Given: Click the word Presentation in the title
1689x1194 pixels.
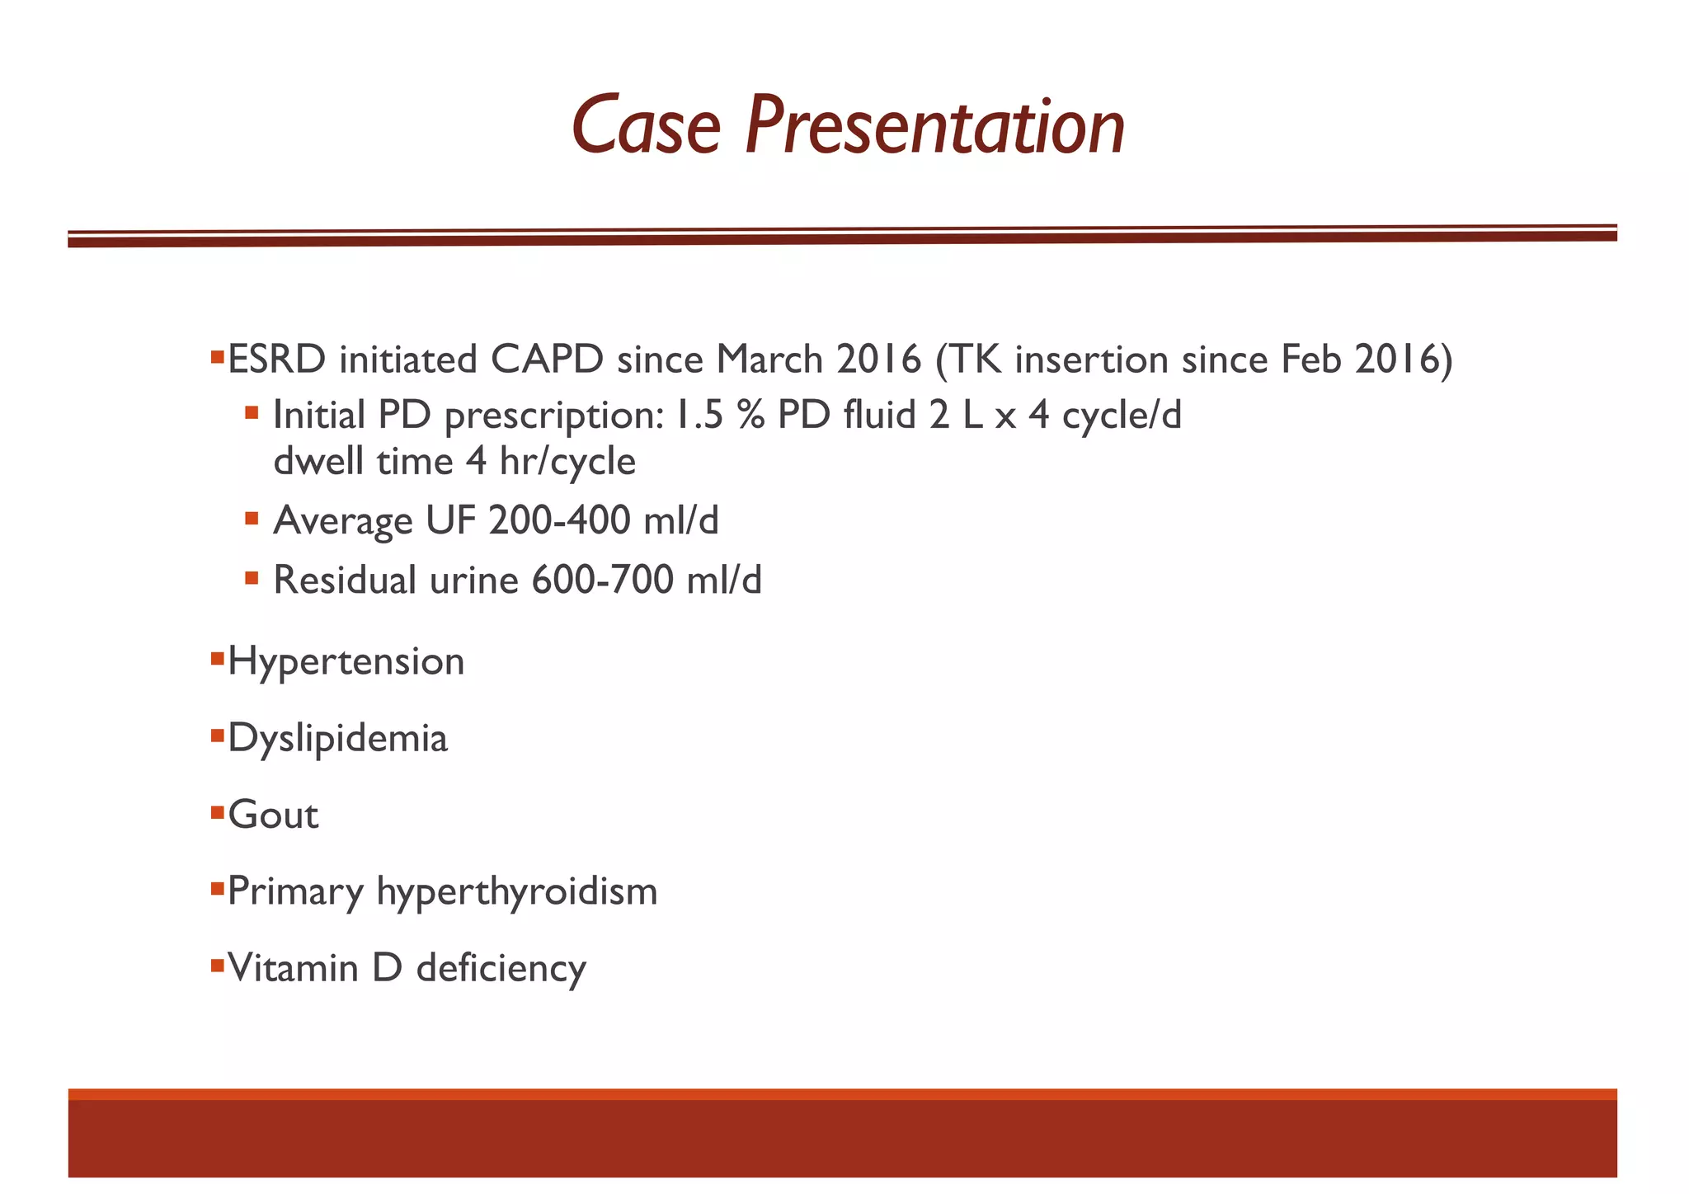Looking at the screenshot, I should click(934, 127).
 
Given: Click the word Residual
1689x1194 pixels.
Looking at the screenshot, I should click(344, 580).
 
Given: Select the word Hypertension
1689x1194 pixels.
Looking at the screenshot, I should click(346, 662).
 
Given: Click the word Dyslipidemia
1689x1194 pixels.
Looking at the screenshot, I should click(337, 738).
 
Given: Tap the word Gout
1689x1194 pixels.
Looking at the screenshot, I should click(273, 816).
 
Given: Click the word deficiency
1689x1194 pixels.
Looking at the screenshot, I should click(501, 968).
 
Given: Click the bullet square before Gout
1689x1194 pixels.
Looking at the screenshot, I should click(218, 813).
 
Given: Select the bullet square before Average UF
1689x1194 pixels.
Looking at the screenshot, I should click(252, 519).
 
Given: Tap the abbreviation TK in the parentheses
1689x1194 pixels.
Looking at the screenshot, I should click(976, 360).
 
